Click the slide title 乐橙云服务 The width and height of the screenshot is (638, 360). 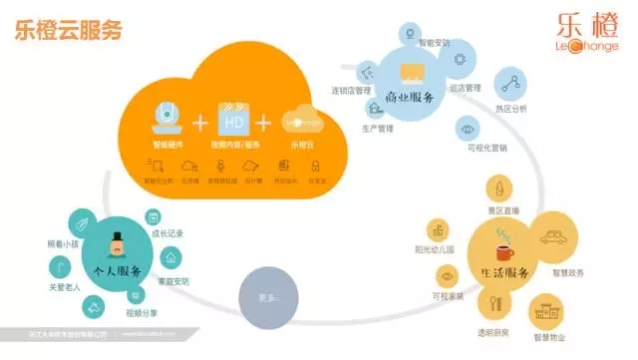69,30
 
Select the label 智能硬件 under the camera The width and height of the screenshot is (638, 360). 166,145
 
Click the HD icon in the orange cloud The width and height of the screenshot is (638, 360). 231,120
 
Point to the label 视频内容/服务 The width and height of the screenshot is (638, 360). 230,145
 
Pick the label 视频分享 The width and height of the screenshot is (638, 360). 143,311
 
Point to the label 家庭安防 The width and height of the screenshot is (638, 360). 173,280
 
